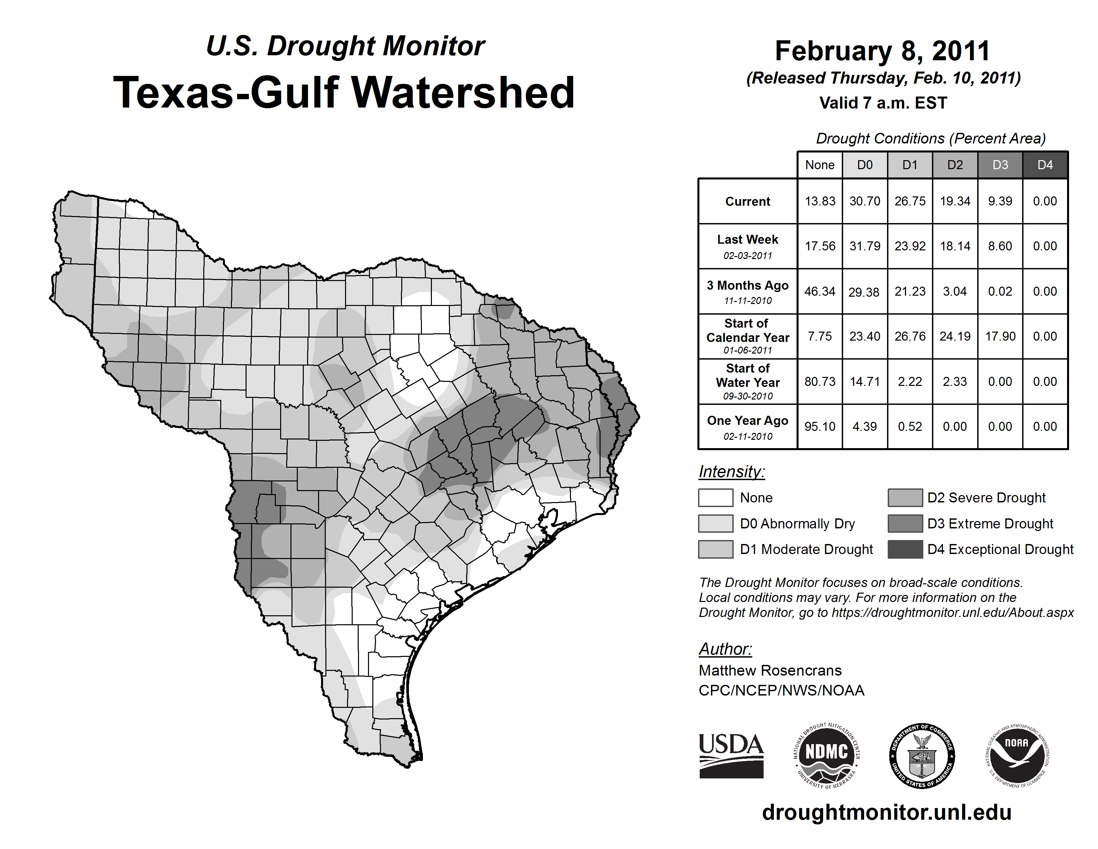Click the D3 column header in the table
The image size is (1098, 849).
tap(1000, 165)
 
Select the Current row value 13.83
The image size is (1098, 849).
tap(820, 201)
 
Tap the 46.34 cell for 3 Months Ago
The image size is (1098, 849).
tap(820, 291)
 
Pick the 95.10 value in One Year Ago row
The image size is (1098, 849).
tap(820, 426)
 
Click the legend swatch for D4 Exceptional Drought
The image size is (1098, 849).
tap(905, 549)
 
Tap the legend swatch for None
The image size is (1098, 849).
tap(715, 497)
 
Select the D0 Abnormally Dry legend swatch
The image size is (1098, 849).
tap(715, 523)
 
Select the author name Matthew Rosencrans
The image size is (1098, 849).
tap(770, 671)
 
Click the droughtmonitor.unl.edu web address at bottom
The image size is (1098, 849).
tap(886, 812)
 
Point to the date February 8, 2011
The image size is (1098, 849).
tap(882, 51)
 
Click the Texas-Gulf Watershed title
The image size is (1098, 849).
tap(344, 93)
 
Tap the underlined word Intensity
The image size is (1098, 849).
tap(731, 472)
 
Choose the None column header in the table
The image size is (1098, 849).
tap(820, 165)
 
